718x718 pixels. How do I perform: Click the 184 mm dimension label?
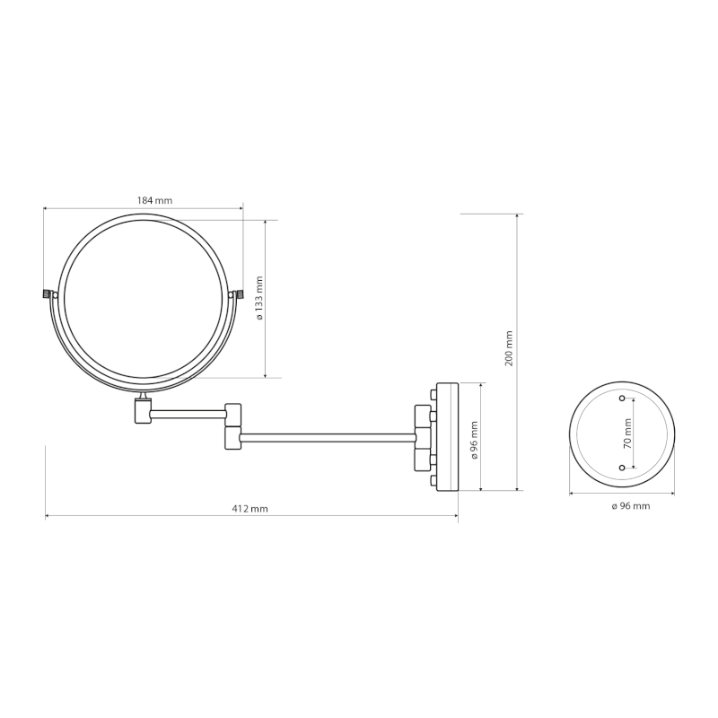[154, 200]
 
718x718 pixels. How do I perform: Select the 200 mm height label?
[509, 347]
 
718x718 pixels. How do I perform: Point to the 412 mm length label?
[250, 508]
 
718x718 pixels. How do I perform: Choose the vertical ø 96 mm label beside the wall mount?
[473, 437]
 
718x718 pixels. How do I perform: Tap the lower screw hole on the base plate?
[622, 468]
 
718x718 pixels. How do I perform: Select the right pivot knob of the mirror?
[239, 293]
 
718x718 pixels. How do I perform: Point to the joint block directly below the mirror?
[143, 411]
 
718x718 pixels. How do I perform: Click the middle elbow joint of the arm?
[232, 425]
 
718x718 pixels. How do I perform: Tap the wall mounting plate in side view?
[446, 437]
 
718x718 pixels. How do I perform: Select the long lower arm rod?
[328, 437]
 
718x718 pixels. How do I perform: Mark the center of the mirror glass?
[143, 297]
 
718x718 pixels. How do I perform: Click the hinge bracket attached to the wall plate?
[423, 437]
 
